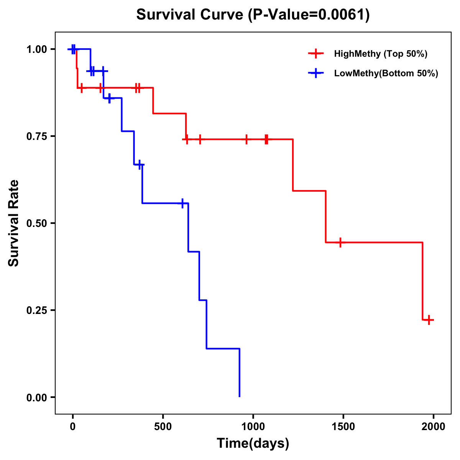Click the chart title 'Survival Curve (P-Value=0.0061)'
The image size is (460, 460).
point(253,15)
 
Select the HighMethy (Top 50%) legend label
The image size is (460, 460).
point(380,54)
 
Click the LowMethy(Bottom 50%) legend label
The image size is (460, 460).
point(386,74)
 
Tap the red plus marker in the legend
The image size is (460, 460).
point(315,54)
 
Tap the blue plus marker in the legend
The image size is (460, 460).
point(315,73)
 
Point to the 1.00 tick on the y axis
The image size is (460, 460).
point(36,49)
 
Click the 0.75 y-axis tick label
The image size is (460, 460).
point(36,136)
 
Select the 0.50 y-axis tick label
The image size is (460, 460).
point(36,223)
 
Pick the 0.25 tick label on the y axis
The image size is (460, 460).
point(36,310)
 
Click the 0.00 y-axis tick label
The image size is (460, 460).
point(36,398)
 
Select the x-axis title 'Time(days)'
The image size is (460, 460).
point(253,444)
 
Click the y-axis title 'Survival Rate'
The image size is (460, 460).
point(14,223)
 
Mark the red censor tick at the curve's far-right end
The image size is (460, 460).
point(429,320)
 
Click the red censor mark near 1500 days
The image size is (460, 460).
point(340,242)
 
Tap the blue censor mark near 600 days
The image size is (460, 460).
point(182,203)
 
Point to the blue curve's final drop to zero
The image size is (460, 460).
point(240,374)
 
